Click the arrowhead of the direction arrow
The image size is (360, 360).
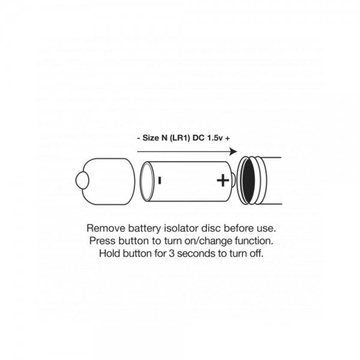pyautogui.click(x=233, y=152)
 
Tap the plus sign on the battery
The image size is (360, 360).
pyautogui.click(x=223, y=180)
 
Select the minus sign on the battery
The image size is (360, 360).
pyautogui.click(x=160, y=180)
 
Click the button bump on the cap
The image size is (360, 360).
pyautogui.click(x=82, y=180)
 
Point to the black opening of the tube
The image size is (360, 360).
pyautogui.click(x=248, y=181)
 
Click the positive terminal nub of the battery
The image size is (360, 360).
pyautogui.click(x=233, y=180)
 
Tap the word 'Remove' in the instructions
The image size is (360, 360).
pyautogui.click(x=106, y=228)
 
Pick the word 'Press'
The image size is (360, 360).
pyautogui.click(x=103, y=241)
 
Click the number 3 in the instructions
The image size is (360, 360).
pyautogui.click(x=172, y=253)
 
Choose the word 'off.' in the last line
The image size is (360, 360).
pyautogui.click(x=256, y=253)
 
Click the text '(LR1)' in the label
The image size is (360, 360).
pyautogui.click(x=180, y=138)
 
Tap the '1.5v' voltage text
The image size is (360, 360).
pyautogui.click(x=215, y=138)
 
